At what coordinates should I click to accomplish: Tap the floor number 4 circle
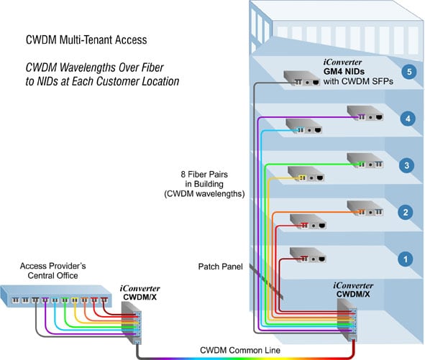click(x=407, y=119)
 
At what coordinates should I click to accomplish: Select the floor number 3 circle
click(x=407, y=165)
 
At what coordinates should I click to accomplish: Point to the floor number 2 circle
click(x=407, y=212)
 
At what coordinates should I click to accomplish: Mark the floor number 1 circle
click(x=407, y=257)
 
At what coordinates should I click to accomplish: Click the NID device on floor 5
click(x=302, y=79)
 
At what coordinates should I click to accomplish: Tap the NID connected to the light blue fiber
click(x=304, y=127)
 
